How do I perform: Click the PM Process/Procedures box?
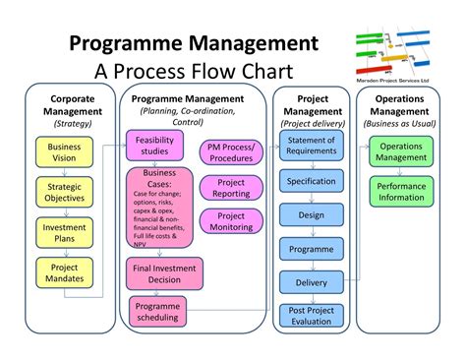tap(230, 152)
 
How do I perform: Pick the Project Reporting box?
tap(230, 187)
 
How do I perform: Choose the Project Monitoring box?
tap(230, 221)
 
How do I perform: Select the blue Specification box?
tap(311, 182)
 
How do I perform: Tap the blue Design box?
tap(311, 216)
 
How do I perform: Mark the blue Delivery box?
tap(311, 283)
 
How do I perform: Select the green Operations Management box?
tap(401, 152)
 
